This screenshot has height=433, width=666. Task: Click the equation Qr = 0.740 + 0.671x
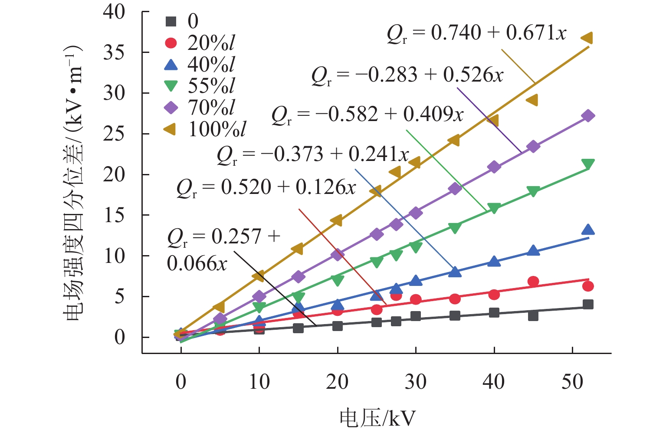click(x=476, y=34)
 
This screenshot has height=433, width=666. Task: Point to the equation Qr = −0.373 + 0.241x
click(x=312, y=155)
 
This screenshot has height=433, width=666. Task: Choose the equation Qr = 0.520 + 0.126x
click(x=266, y=188)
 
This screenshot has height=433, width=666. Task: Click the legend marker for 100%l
click(x=171, y=129)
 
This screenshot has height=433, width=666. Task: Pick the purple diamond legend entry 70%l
click(x=171, y=107)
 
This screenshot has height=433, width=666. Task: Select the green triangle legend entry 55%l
click(x=171, y=86)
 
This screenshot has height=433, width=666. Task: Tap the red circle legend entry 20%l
click(x=171, y=43)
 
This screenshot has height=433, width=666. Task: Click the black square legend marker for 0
click(x=171, y=21)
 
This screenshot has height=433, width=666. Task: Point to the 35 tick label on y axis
click(x=114, y=52)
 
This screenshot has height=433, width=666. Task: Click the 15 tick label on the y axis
click(x=114, y=215)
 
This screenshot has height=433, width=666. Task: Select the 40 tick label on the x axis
click(x=494, y=382)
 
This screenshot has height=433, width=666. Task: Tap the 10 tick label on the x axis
click(x=259, y=382)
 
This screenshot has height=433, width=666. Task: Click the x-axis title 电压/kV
click(x=377, y=418)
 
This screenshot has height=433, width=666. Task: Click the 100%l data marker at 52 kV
click(x=587, y=38)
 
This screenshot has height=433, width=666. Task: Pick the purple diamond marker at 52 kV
click(x=588, y=116)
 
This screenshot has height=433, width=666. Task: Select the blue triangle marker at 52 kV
click(x=588, y=230)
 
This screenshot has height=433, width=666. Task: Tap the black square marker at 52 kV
click(x=588, y=305)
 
